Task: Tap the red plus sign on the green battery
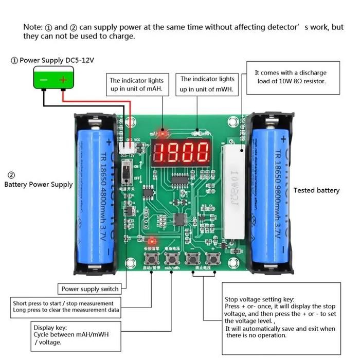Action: pyautogui.click(x=63, y=80)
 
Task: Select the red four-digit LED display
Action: pyautogui.click(x=181, y=152)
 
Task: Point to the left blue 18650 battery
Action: pyautogui.click(x=96, y=196)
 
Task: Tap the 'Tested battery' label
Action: pyautogui.click(x=316, y=190)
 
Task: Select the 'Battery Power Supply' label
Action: pyautogui.click(x=39, y=184)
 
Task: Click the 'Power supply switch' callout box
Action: pyautogui.click(x=90, y=289)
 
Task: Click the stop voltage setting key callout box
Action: pyautogui.click(x=281, y=317)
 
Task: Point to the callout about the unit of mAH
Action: pyautogui.click(x=136, y=85)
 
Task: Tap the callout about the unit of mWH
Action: pyautogui.click(x=207, y=84)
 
